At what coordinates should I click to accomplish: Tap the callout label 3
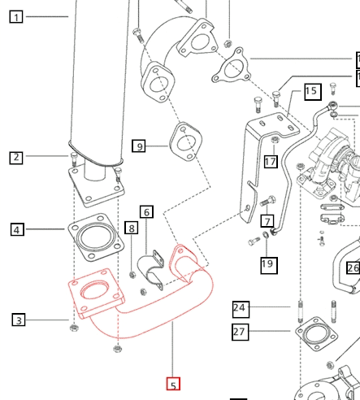pyautogui.click(x=19, y=320)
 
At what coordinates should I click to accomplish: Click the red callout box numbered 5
pyautogui.click(x=172, y=385)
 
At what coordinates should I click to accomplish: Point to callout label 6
pyautogui.click(x=146, y=212)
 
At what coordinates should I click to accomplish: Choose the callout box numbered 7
pyautogui.click(x=267, y=220)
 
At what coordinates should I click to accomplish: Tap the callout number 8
pyautogui.click(x=131, y=229)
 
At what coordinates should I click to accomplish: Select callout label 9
pyautogui.click(x=140, y=146)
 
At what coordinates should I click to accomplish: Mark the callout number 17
pyautogui.click(x=271, y=162)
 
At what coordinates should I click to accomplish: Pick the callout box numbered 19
pyautogui.click(x=268, y=263)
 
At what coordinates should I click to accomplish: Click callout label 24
pyautogui.click(x=240, y=308)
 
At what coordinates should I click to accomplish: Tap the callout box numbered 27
pyautogui.click(x=240, y=331)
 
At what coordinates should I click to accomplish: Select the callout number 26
pyautogui.click(x=353, y=267)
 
